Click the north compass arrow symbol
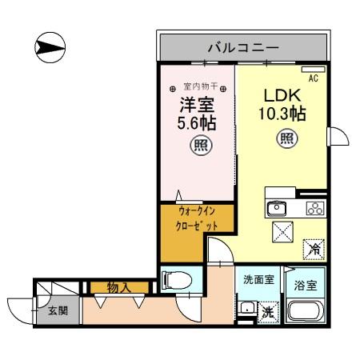click(50, 48)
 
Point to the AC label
click(314, 78)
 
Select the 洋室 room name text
click(197, 105)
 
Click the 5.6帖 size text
click(197, 124)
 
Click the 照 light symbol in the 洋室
click(198, 146)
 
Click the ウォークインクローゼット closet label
click(196, 219)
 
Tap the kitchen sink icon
click(277, 209)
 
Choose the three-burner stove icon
click(314, 209)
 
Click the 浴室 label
click(306, 283)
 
